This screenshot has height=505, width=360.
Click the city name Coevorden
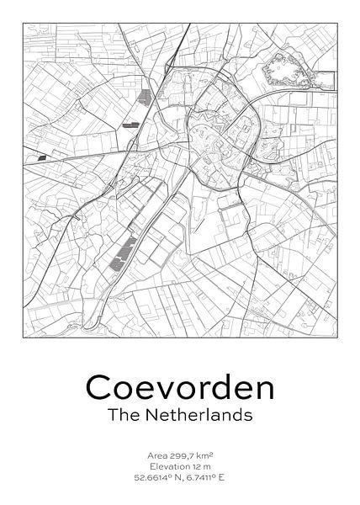(180, 388)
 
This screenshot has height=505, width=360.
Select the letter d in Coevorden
(220, 388)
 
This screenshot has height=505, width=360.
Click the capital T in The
(112, 415)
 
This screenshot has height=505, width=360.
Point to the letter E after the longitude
(235, 479)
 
